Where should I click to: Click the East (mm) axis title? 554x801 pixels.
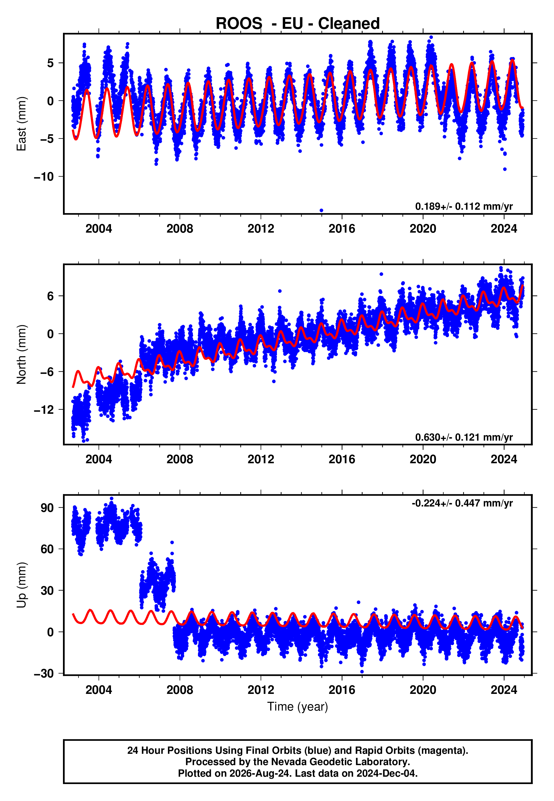tap(21, 124)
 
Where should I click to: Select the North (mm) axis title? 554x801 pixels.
tap(21, 354)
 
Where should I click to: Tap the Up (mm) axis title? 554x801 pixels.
tap(21, 585)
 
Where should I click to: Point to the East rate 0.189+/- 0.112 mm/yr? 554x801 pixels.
tap(464, 206)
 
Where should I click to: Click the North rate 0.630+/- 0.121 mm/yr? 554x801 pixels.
tap(464, 437)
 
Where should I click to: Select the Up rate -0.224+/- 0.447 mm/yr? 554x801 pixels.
tap(462, 503)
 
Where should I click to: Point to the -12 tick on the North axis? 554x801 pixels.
tap(44, 410)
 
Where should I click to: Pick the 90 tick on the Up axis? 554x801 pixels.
tap(47, 508)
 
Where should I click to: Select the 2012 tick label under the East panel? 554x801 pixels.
tap(261, 229)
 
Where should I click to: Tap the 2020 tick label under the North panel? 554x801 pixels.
tap(423, 459)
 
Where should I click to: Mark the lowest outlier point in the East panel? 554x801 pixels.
tap(321, 211)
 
